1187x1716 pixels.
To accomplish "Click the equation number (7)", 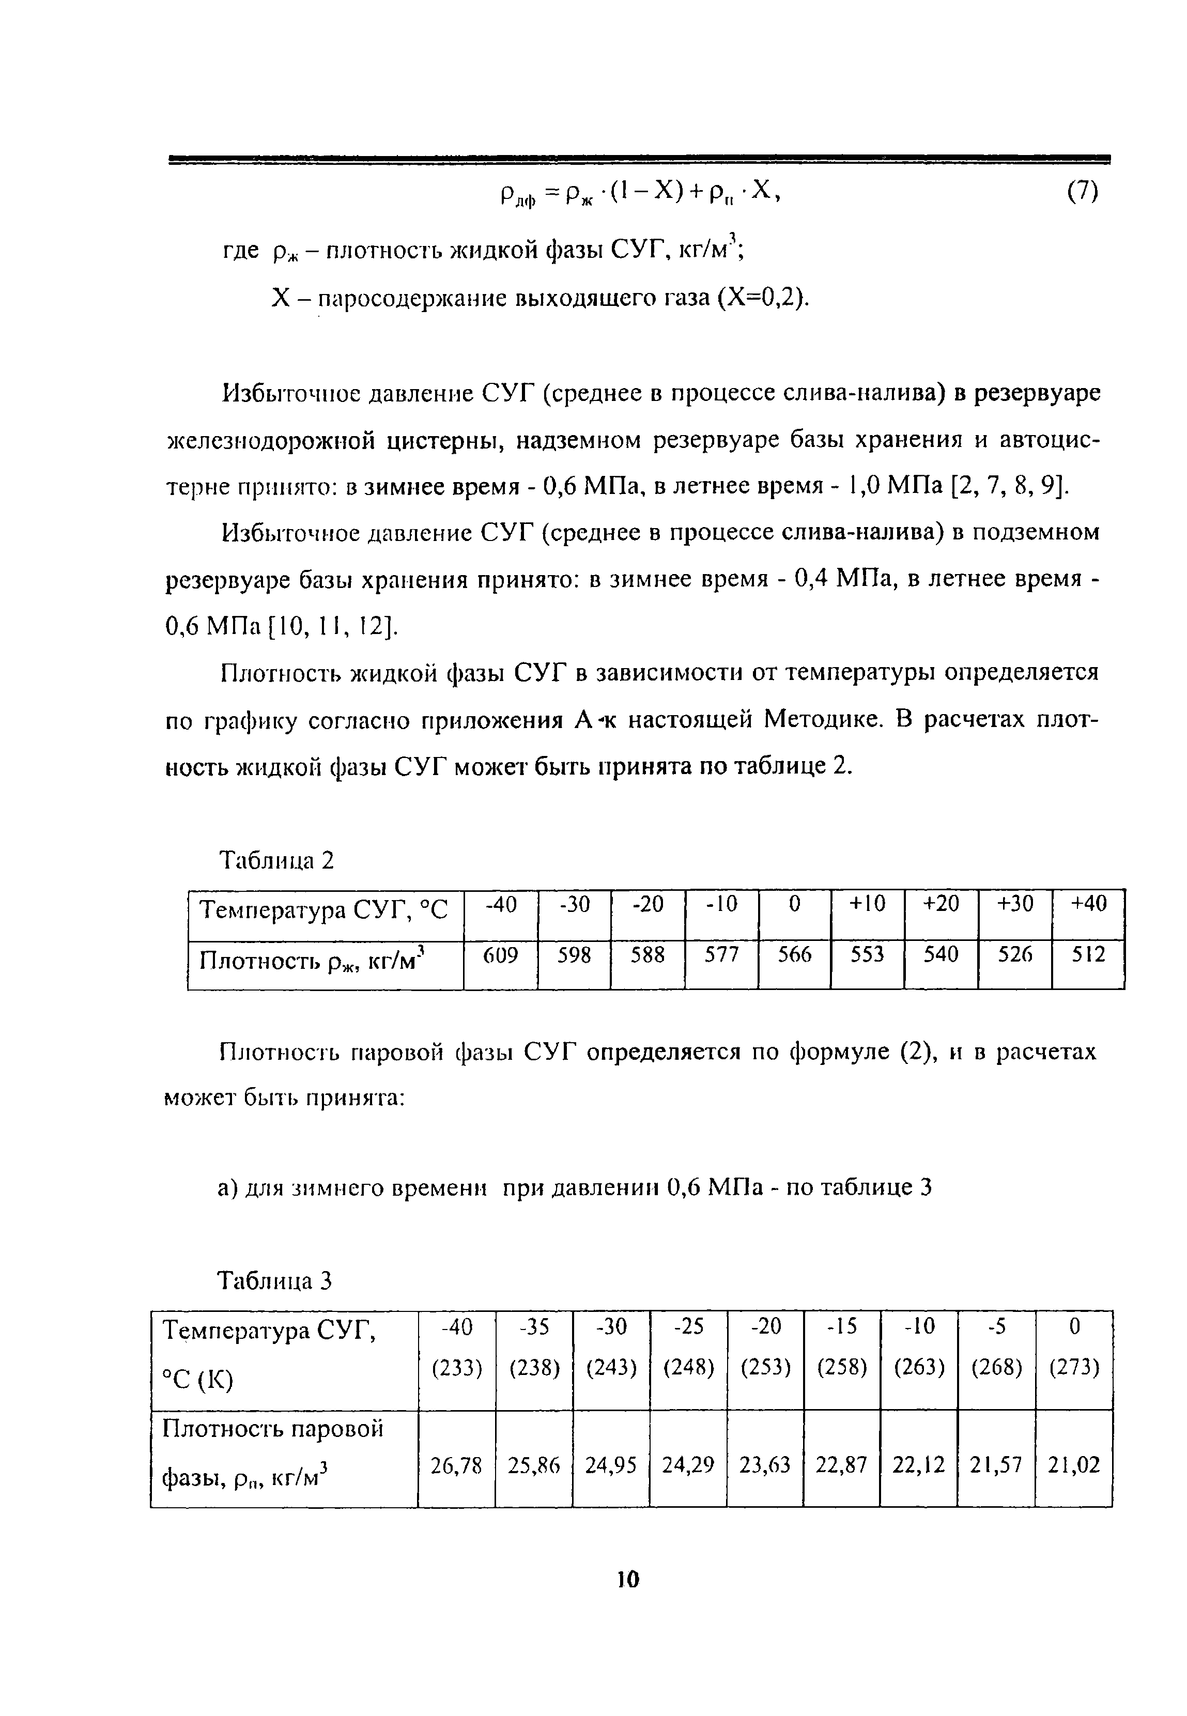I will click(1082, 193).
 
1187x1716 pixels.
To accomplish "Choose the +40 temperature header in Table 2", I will click(1089, 904).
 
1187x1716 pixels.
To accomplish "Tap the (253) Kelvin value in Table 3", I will click(765, 1367).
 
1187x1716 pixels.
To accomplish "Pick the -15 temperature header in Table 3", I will click(842, 1326).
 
